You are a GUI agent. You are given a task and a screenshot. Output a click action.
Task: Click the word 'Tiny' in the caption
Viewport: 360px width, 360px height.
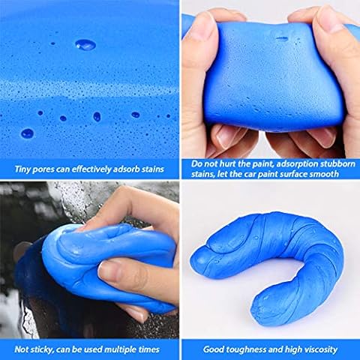tap(22, 169)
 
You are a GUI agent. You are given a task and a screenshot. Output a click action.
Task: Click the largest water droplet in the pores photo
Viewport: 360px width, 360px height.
tap(85, 45)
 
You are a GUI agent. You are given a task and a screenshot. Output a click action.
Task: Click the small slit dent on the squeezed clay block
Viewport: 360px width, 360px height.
tap(282, 39)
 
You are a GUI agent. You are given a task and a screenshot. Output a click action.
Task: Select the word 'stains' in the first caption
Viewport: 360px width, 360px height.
tap(152, 169)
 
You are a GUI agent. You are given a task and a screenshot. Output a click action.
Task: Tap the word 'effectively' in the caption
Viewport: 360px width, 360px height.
tap(91, 169)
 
